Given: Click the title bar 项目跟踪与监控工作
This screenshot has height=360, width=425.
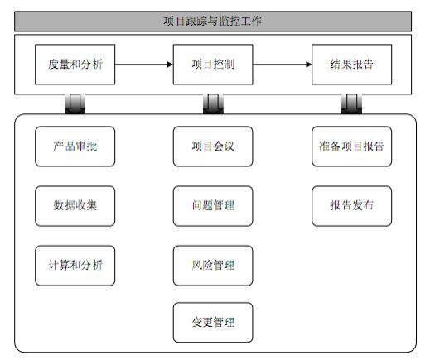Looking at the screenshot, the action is [213, 21].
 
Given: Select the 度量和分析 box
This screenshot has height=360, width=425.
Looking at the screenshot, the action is [75, 65].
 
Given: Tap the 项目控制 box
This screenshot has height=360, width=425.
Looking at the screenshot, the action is [213, 65].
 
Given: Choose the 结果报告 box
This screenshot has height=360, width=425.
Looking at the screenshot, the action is [351, 65].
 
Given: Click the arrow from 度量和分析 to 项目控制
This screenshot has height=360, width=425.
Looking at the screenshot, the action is [144, 65].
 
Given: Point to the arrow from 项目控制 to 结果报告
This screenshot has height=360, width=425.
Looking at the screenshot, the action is [283, 65].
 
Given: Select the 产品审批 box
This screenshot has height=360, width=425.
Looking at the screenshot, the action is [75, 146].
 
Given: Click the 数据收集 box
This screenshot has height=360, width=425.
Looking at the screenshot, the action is [75, 206].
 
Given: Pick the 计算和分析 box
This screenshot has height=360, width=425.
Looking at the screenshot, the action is [75, 266].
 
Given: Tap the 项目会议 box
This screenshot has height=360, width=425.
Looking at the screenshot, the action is [213, 146].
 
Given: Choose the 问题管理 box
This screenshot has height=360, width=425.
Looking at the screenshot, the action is [213, 206].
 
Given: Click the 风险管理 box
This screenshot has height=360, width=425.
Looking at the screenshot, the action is [213, 266].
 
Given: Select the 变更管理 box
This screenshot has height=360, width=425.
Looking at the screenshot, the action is [213, 323].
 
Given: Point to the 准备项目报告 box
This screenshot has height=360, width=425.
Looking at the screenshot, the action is [351, 146].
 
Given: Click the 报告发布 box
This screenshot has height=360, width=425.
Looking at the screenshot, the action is [351, 206].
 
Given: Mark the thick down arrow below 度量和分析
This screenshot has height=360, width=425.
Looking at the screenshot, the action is [75, 103].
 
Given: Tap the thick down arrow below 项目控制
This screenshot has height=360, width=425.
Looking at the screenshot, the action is [213, 103].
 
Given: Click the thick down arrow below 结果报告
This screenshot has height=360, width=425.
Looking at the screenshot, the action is [351, 103].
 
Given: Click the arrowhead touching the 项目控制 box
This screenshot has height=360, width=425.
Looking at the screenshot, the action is [170, 65].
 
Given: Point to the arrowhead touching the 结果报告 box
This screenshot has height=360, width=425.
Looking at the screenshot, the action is [309, 65].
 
